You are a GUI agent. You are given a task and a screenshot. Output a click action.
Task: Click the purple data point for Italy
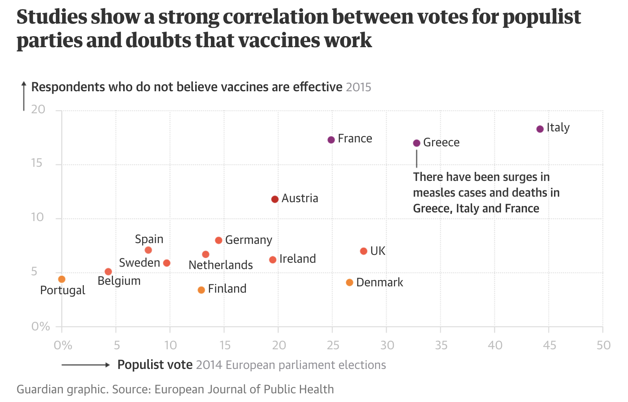540,129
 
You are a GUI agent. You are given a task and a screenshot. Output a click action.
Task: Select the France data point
331,140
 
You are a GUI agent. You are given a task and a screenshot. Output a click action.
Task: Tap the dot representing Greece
417,143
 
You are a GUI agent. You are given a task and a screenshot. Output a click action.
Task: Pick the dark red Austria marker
275,199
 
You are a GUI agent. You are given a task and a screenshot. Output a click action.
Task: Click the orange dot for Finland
201,290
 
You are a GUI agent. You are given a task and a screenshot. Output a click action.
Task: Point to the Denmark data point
349,282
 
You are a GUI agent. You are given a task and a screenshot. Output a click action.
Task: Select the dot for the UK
364,251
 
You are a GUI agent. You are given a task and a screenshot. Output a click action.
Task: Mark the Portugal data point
62,279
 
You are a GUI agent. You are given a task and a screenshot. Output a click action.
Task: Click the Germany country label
249,240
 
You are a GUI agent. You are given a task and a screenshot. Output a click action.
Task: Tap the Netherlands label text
220,265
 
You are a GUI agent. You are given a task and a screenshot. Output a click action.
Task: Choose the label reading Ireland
297,259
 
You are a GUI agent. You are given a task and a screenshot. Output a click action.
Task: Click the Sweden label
139,263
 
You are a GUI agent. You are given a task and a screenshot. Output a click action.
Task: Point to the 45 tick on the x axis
549,345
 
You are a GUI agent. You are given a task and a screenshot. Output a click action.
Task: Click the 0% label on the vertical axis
41,326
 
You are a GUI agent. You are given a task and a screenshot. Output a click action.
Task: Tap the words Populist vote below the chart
155,365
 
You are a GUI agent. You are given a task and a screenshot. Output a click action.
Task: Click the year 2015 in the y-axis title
358,87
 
